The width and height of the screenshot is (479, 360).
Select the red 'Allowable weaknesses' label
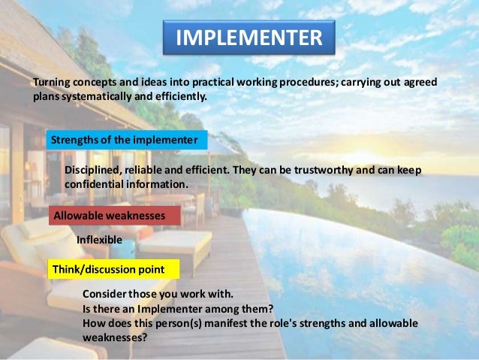pyautogui.click(x=110, y=216)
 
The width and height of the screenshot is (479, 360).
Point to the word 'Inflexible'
pyautogui.click(x=99, y=240)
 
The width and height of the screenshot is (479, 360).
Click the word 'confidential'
pyautogui.click(x=95, y=184)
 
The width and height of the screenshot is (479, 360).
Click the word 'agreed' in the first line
pyautogui.click(x=420, y=82)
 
